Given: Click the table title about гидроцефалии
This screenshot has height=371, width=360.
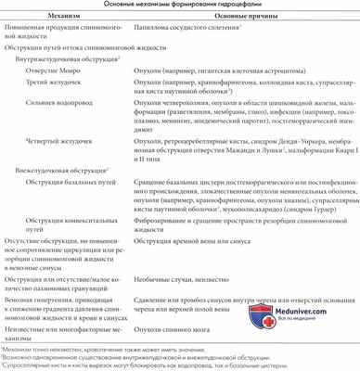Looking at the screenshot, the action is coord(179,6).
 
